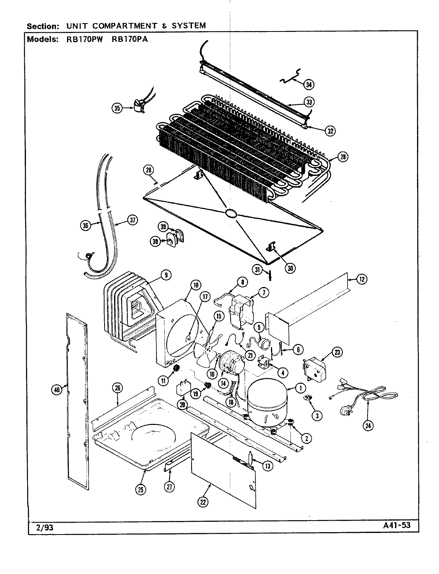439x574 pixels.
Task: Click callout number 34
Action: point(308,84)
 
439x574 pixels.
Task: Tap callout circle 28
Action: point(342,157)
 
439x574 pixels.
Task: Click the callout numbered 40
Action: point(57,390)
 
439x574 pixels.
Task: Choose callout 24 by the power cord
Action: point(368,426)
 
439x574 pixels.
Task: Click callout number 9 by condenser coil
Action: point(165,275)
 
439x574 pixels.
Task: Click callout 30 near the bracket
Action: point(291,268)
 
